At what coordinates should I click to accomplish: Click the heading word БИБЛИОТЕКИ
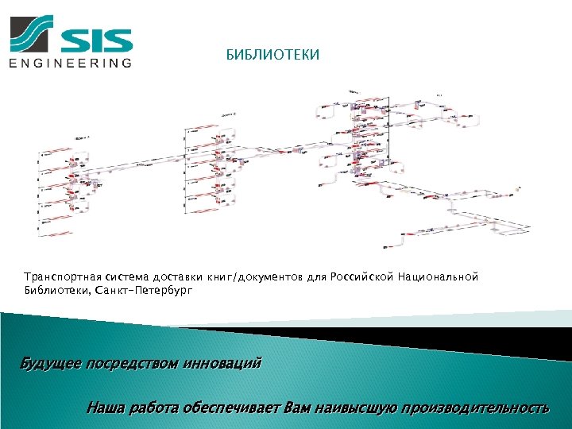click(272, 56)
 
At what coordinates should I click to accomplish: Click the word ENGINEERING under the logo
click(71, 64)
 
